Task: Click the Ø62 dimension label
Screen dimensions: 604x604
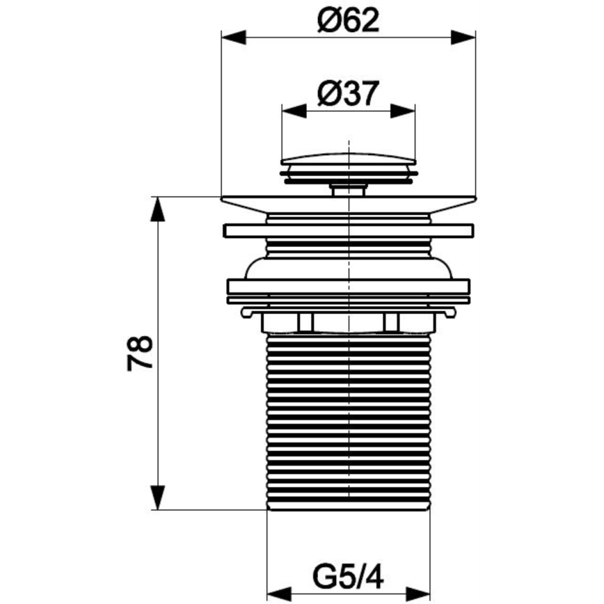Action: [x=348, y=20]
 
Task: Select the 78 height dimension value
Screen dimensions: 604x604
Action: [x=140, y=353]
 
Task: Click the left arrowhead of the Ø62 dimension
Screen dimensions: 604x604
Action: [x=233, y=38]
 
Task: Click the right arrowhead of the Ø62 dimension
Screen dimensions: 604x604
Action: [x=463, y=38]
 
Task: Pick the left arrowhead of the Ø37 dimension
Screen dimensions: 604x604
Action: [x=294, y=111]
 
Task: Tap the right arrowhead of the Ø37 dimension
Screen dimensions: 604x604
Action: [x=403, y=111]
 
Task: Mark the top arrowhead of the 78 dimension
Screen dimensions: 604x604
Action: [x=157, y=209]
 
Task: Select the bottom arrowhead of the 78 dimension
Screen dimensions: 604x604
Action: [x=157, y=498]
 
